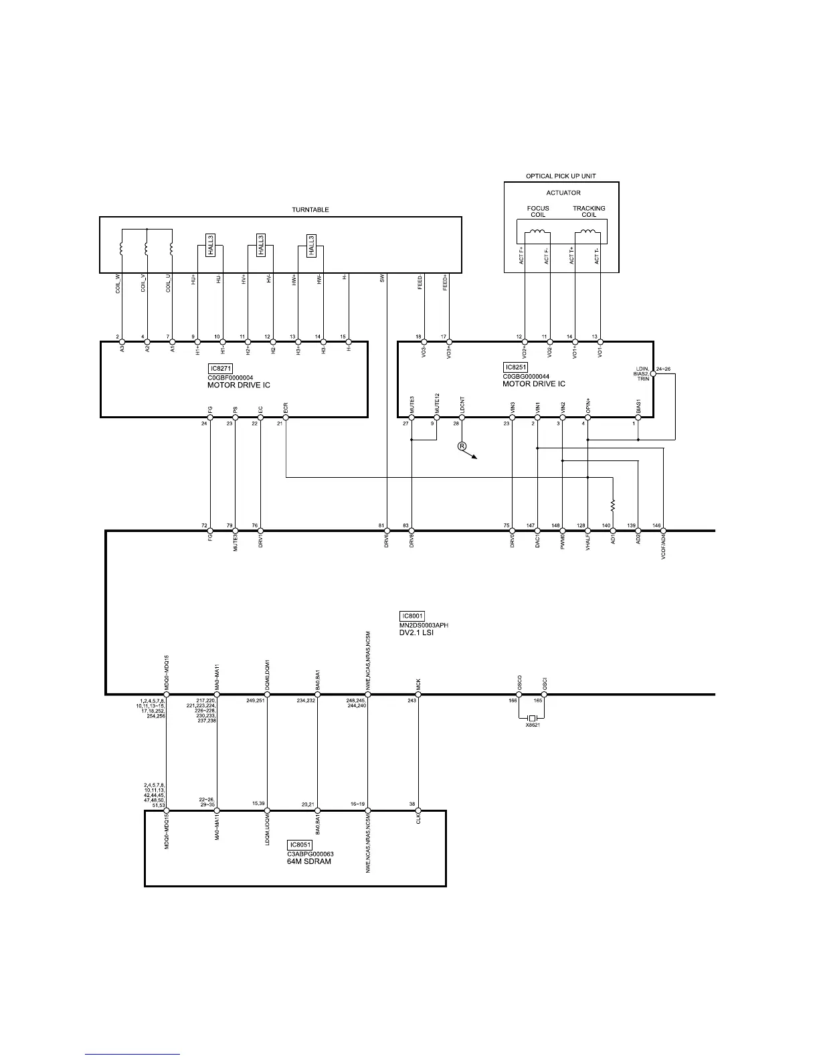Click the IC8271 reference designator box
[x=220, y=369]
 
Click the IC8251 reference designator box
[x=515, y=367]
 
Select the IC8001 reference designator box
[x=412, y=616]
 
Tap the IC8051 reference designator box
[x=300, y=845]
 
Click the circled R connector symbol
[x=462, y=446]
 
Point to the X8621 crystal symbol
[x=532, y=718]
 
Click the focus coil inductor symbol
[x=537, y=233]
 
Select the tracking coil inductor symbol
[x=588, y=233]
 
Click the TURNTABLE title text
[x=310, y=209]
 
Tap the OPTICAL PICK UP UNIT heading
[x=561, y=176]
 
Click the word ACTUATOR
[x=563, y=193]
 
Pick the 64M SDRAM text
[x=309, y=861]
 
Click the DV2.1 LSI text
[x=416, y=632]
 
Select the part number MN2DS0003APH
[x=424, y=625]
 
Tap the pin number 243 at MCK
[x=412, y=701]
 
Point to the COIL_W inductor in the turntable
[x=121, y=248]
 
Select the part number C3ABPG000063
[x=310, y=854]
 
